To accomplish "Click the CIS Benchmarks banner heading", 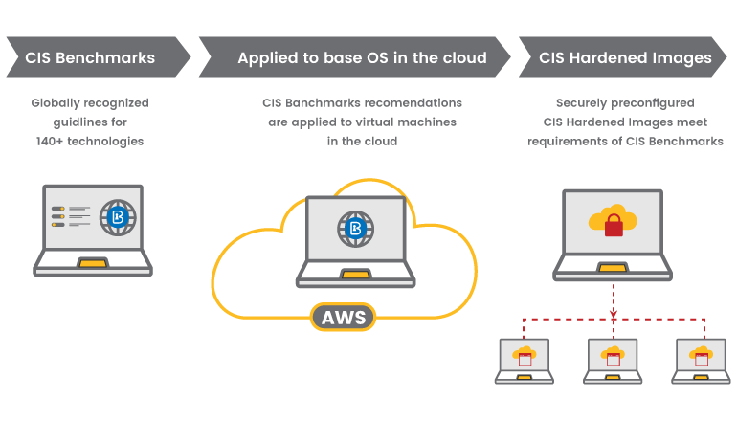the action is pos(90,57).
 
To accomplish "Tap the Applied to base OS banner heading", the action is pos(362,57).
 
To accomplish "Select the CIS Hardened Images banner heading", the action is pos(625,57).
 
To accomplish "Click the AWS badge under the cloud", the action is pos(343,317).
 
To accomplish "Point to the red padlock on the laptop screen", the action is pos(614,225).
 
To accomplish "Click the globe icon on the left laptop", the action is pos(118,217).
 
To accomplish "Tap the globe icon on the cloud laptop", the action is pos(356,229).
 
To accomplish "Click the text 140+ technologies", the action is pos(90,141).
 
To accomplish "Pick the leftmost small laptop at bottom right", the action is pos(525,361).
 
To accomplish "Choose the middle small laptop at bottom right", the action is pos(613,361).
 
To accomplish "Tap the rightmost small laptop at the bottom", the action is pos(702,361).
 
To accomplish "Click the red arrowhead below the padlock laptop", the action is pos(614,314).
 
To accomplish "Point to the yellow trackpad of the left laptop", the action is pos(93,263).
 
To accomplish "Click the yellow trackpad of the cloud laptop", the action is pos(356,274).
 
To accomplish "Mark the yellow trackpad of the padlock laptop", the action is pos(613,268).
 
